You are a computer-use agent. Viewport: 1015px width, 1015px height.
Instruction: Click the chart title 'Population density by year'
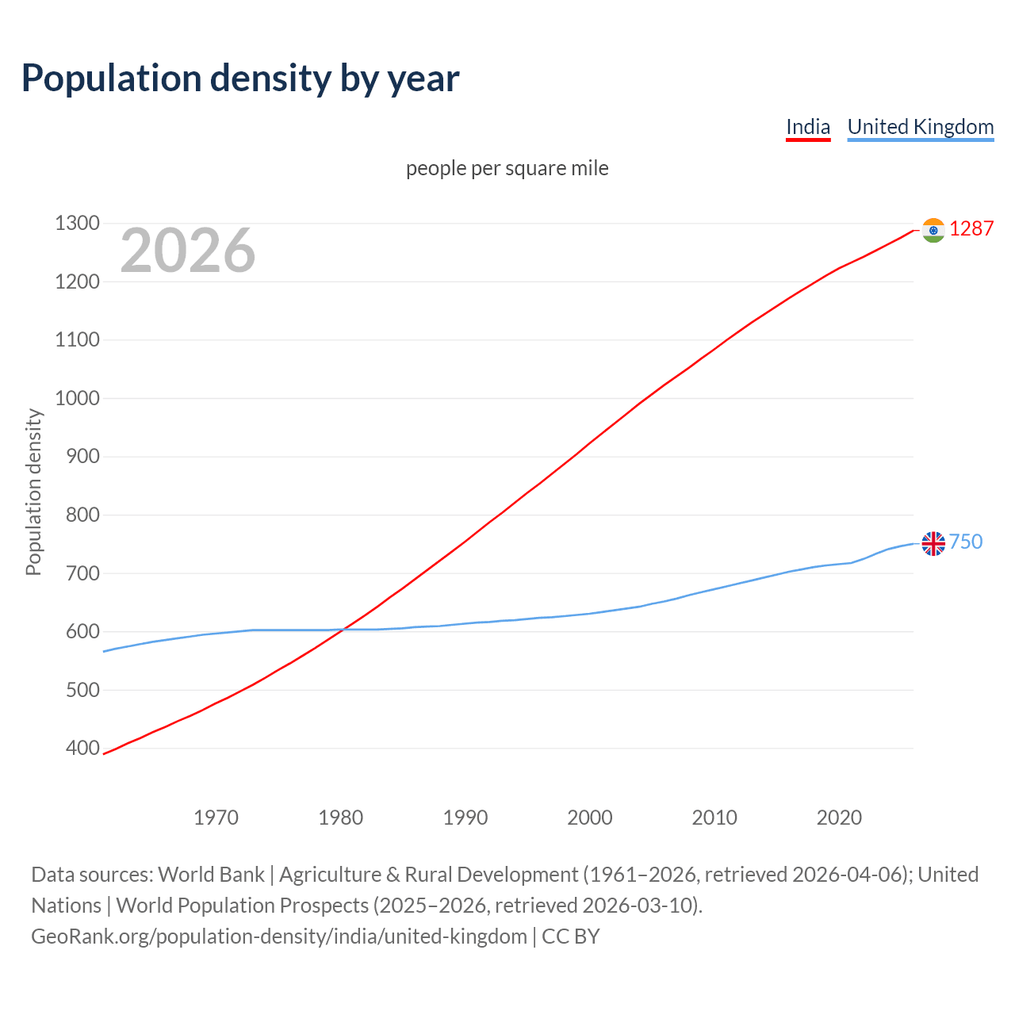(x=240, y=79)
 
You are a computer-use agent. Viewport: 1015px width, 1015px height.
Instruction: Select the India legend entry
(x=808, y=127)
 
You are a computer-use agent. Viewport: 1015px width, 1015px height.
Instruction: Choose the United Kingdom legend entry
(x=920, y=127)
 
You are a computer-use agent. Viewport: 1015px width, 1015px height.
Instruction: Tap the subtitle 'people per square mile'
(x=507, y=168)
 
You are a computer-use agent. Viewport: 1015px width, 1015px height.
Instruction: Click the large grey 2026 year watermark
(x=188, y=251)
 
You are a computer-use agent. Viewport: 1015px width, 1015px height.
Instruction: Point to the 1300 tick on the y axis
(x=78, y=224)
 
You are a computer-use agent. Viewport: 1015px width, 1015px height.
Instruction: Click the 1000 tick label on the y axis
(x=78, y=398)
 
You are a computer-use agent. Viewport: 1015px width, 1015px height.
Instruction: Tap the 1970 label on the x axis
(x=216, y=817)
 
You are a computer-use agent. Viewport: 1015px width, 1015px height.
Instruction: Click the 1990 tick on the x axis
(x=465, y=817)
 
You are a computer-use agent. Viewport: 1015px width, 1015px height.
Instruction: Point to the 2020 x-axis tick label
(x=839, y=817)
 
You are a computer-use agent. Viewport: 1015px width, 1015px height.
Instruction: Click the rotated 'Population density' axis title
(x=33, y=492)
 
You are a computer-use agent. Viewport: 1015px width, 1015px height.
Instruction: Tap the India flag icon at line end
(x=933, y=230)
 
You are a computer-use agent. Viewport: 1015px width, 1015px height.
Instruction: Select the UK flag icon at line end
(x=933, y=543)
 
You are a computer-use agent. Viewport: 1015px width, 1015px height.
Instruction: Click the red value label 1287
(x=971, y=229)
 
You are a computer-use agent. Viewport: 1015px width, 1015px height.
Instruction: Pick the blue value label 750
(x=966, y=542)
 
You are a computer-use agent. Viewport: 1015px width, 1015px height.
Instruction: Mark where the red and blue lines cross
(x=343, y=630)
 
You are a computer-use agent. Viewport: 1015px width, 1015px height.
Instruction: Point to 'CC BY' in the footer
(x=571, y=936)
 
